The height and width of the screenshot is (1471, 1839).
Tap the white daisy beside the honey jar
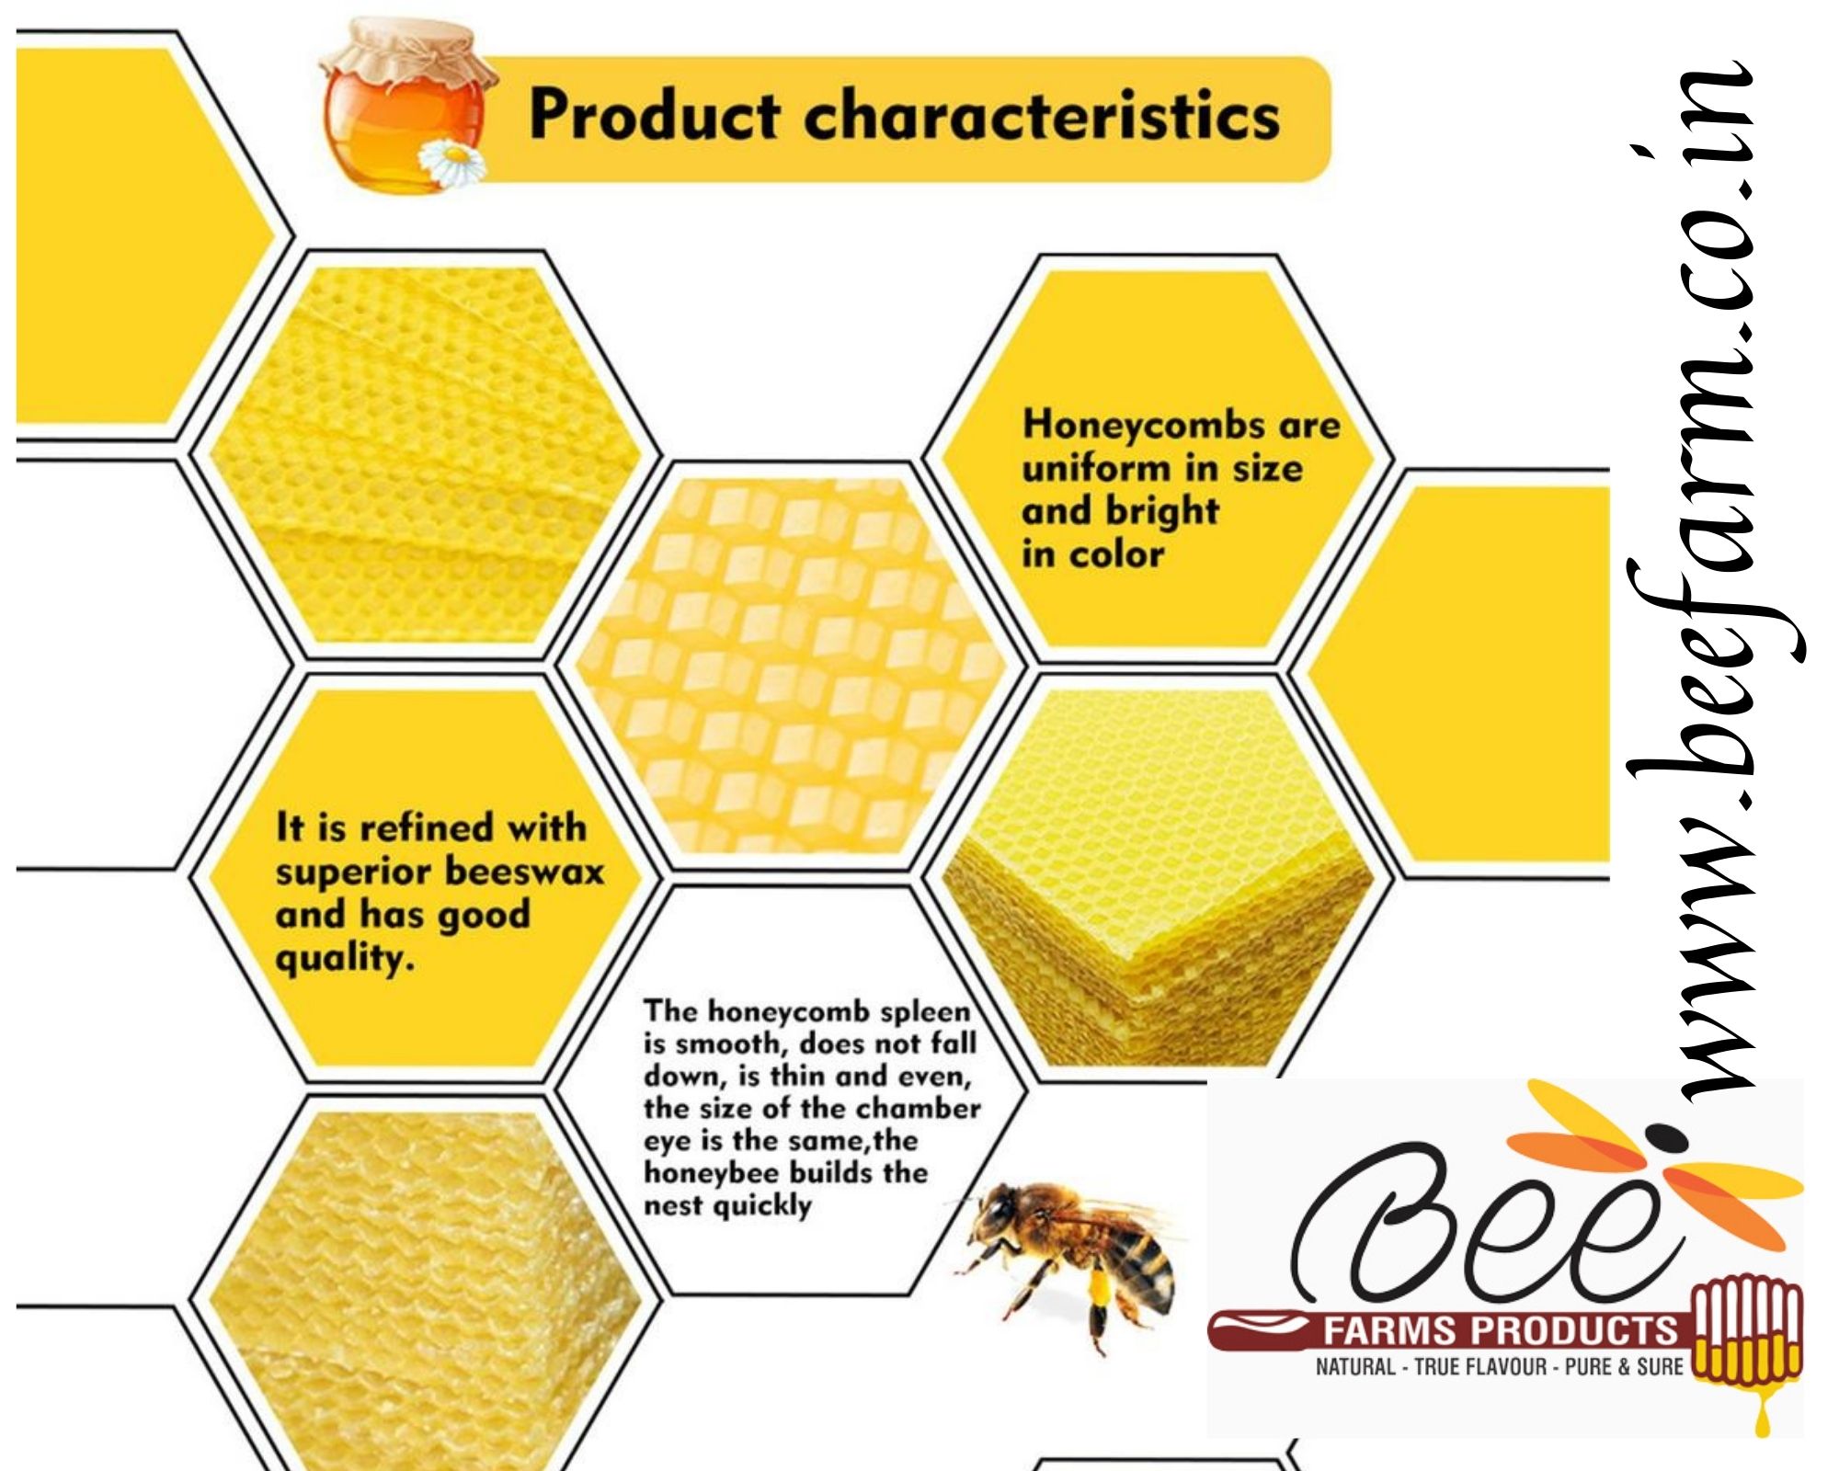[452, 164]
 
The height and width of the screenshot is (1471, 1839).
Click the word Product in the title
[655, 116]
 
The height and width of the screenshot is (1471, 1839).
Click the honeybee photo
[1067, 1260]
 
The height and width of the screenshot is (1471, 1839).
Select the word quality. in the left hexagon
[345, 960]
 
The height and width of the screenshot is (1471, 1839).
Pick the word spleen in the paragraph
[925, 1012]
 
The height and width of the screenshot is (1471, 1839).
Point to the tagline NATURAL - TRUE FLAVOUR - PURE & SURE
[1499, 1367]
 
